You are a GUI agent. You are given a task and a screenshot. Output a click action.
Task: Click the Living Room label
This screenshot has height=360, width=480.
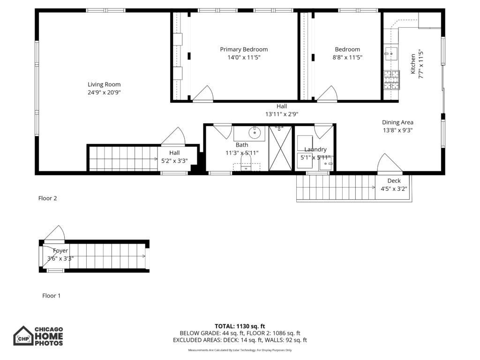tap(104, 84)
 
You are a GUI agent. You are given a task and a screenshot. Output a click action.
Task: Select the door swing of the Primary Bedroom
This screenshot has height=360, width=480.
tap(203, 94)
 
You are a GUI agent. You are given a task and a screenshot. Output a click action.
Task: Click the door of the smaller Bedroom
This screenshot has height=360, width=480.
tap(327, 94)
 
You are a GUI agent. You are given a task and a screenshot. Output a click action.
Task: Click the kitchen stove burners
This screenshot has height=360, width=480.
tap(392, 80)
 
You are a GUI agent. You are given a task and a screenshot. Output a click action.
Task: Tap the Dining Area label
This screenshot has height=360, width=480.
tap(397, 122)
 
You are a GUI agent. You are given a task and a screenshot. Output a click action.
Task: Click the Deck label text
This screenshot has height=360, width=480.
tap(394, 181)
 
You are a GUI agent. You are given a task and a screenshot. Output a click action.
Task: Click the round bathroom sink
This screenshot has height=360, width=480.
tap(255, 134)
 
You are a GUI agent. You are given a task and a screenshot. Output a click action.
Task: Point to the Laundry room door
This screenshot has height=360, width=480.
tap(323, 131)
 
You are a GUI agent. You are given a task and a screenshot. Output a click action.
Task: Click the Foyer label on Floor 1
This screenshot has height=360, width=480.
tap(60, 251)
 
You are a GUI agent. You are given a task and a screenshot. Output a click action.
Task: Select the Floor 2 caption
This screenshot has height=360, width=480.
tap(47, 198)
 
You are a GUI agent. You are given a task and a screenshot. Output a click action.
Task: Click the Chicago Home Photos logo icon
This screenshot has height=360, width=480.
tap(23, 336)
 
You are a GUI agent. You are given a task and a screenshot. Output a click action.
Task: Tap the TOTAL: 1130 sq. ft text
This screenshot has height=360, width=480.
tap(240, 326)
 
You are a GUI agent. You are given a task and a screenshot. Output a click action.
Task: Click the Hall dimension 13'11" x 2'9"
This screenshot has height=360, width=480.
tap(281, 114)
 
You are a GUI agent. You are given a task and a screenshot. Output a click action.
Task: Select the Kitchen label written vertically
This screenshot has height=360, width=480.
tap(413, 63)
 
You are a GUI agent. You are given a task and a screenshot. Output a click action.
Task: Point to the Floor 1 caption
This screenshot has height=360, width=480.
tap(52, 296)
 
